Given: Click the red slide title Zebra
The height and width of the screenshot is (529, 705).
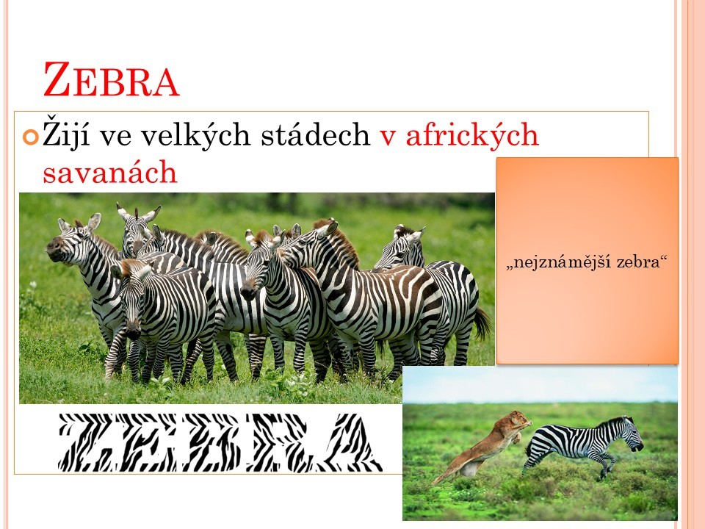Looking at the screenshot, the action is (x=111, y=79).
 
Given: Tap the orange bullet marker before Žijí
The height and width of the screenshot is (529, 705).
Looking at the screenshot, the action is (x=31, y=137).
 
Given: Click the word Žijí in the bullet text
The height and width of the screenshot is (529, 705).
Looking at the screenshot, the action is (x=66, y=132).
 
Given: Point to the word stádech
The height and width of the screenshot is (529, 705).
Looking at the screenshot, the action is (x=316, y=134).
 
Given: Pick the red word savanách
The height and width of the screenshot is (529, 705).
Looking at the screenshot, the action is (x=110, y=171).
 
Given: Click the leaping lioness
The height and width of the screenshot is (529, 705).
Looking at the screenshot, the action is (x=483, y=445).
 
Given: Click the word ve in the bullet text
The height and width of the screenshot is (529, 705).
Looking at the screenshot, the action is (x=115, y=136).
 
